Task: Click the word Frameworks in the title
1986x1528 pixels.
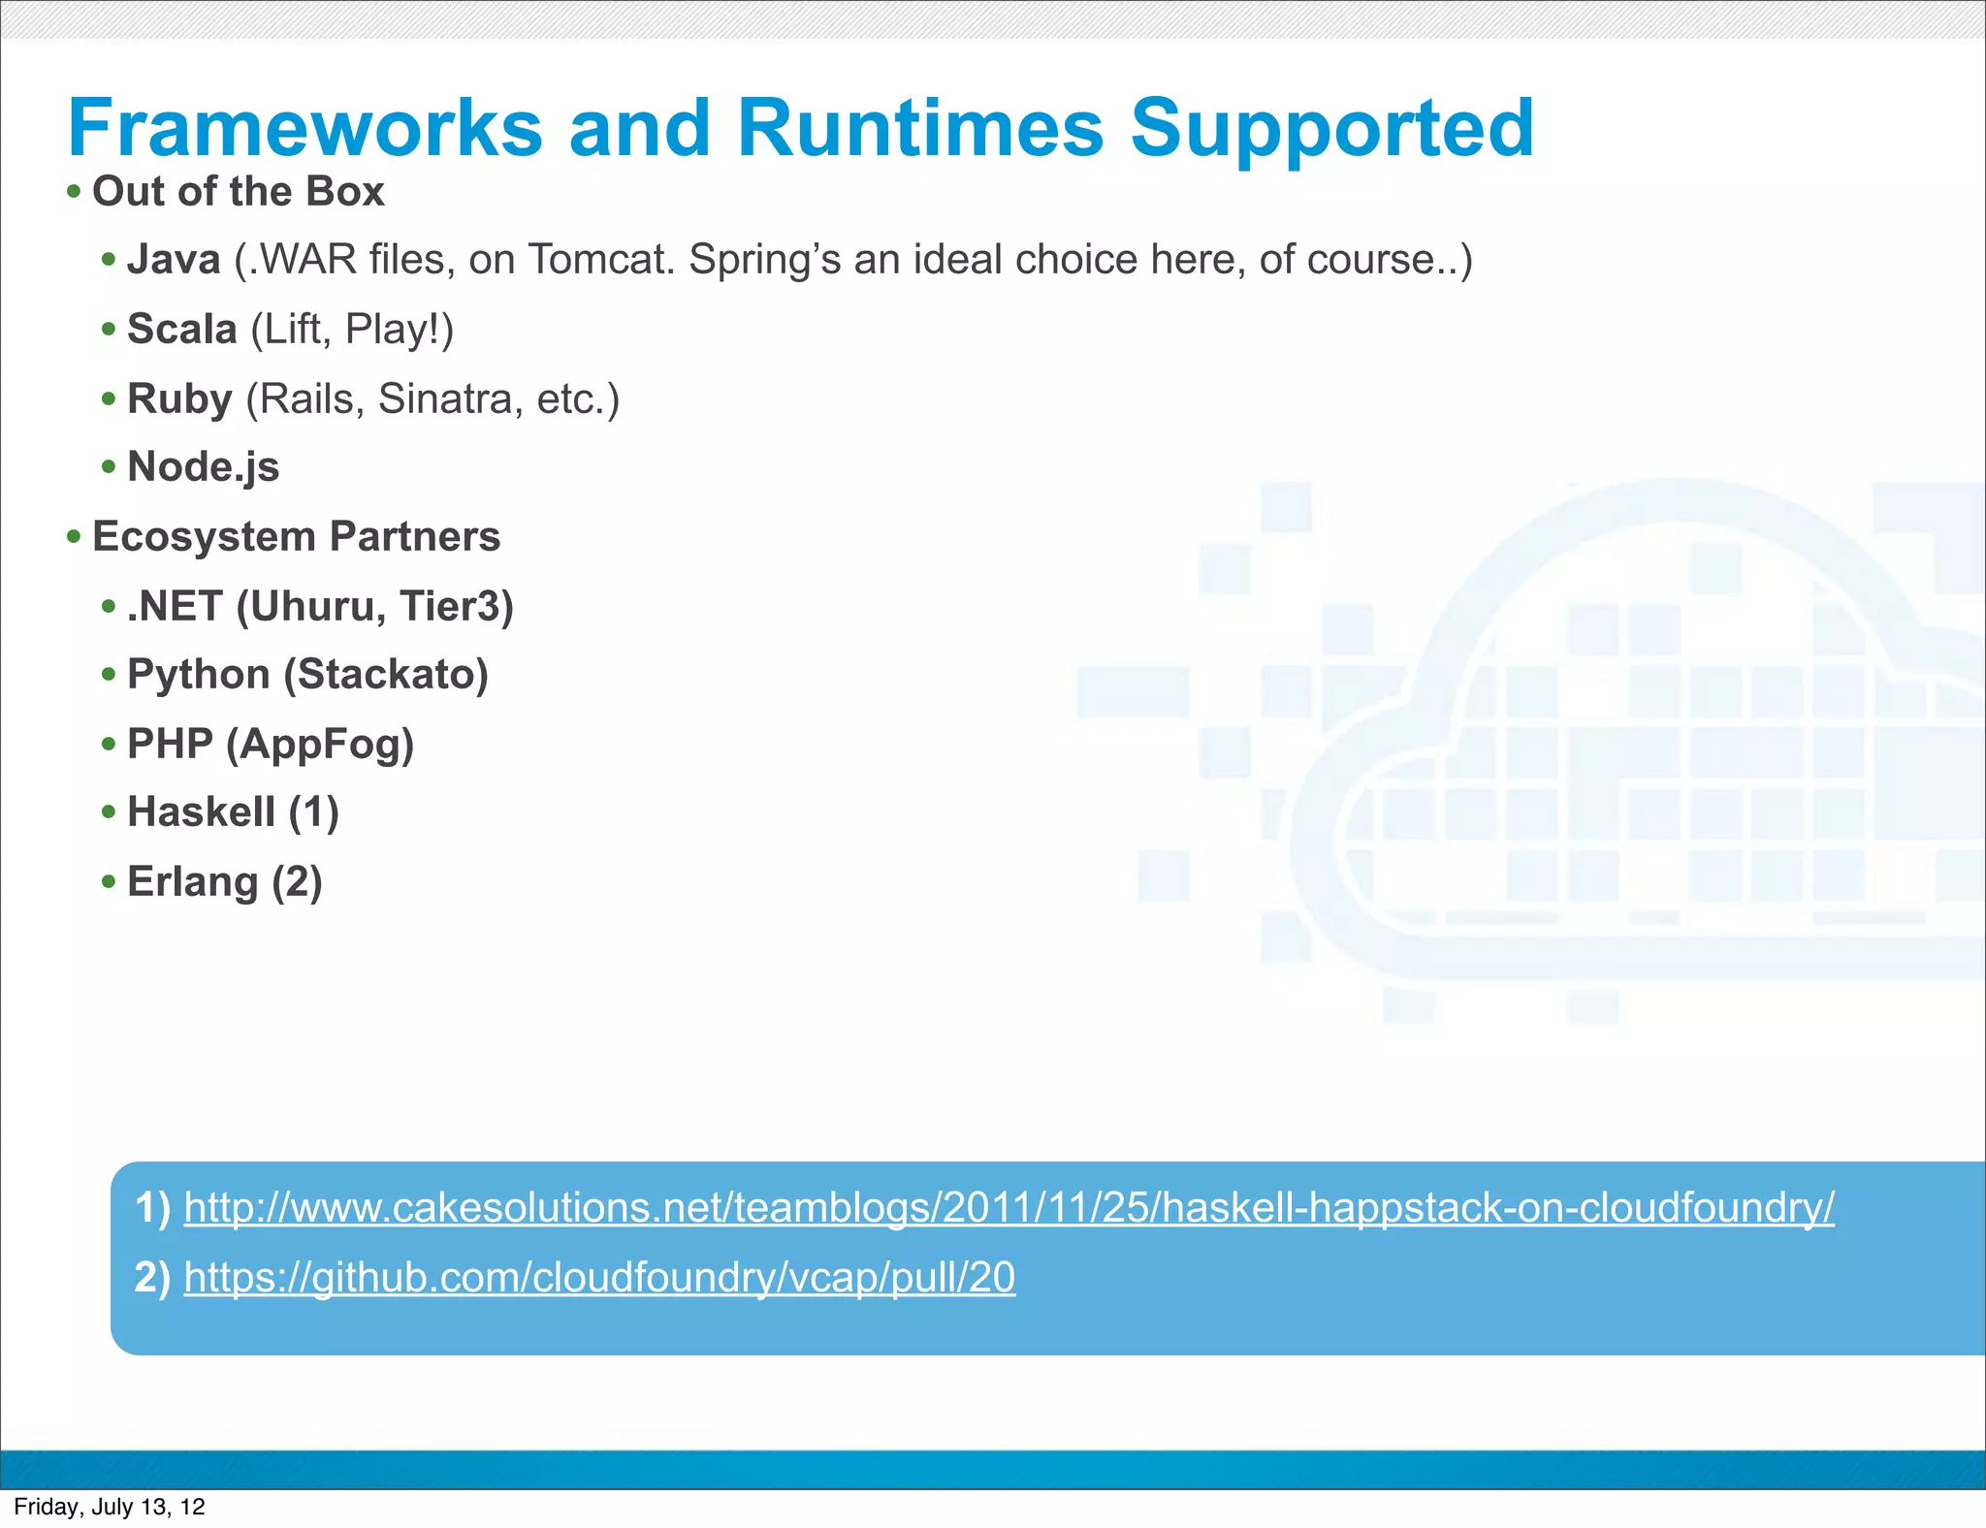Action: pyautogui.click(x=304, y=128)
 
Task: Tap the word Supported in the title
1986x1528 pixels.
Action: pyautogui.click(x=1331, y=128)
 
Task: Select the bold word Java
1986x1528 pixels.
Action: pyautogui.click(x=174, y=260)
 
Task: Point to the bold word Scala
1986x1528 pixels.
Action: pyautogui.click(x=181, y=330)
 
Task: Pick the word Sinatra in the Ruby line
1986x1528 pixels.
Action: pyautogui.click(x=443, y=399)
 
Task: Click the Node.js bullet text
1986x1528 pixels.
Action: pyautogui.click(x=203, y=467)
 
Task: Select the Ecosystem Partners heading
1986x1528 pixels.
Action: pyautogui.click(x=296, y=537)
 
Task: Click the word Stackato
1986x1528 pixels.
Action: pyautogui.click(x=386, y=675)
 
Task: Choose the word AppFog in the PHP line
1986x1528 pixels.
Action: pyautogui.click(x=319, y=745)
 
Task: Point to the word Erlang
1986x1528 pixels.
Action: pyautogui.click(x=192, y=882)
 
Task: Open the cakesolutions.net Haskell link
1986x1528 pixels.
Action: pyautogui.click(x=1009, y=1208)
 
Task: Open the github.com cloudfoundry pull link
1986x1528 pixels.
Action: pyautogui.click(x=599, y=1278)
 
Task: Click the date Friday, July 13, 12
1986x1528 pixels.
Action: pyautogui.click(x=110, y=1507)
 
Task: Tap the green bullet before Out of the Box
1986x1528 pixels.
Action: pyautogui.click(x=74, y=192)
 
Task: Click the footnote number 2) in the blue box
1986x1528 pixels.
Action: pyautogui.click(x=152, y=1278)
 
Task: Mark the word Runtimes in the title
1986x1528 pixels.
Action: pyautogui.click(x=919, y=128)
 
